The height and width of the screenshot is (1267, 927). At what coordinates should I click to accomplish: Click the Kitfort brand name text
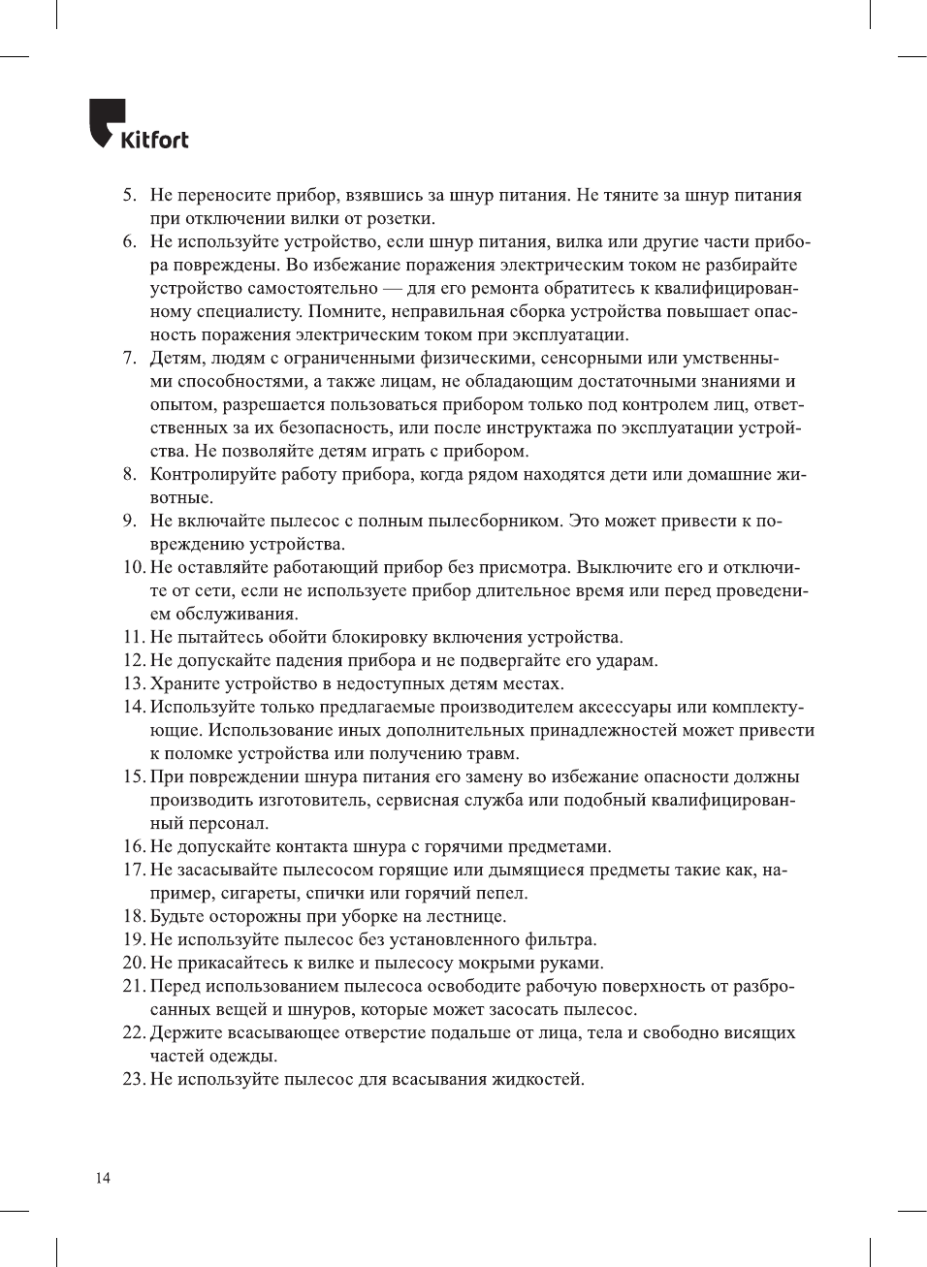coord(154,140)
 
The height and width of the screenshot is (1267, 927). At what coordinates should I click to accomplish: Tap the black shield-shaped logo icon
coord(106,122)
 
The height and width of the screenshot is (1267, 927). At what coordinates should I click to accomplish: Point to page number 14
coord(103,1178)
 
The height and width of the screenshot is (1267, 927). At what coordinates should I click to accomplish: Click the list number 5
coord(130,196)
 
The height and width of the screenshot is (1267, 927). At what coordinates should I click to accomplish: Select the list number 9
coord(130,522)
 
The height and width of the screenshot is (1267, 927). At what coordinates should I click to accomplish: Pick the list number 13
coord(134,684)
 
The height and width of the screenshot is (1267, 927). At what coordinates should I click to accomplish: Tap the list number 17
coord(134,871)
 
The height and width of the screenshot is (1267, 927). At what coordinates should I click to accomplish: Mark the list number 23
coord(134,1080)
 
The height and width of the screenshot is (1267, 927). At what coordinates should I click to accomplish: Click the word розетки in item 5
coord(402,219)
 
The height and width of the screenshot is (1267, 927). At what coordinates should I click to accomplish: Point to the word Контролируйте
coord(213,475)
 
